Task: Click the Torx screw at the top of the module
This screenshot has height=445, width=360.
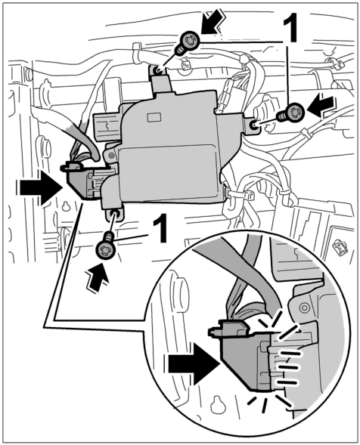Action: tap(187, 43)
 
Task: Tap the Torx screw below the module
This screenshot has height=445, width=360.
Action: tap(106, 246)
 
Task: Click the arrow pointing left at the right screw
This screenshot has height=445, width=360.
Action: tap(321, 107)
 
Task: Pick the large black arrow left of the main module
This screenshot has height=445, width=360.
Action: tap(41, 187)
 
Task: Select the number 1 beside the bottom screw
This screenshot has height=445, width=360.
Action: tap(160, 229)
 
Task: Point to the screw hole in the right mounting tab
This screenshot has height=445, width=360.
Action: tap(253, 125)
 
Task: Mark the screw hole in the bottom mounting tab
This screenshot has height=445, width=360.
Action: tap(115, 213)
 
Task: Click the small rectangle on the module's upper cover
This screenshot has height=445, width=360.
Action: tap(154, 118)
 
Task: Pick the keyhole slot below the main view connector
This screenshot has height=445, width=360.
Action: tap(67, 206)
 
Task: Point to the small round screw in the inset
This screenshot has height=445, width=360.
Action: tap(305, 307)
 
